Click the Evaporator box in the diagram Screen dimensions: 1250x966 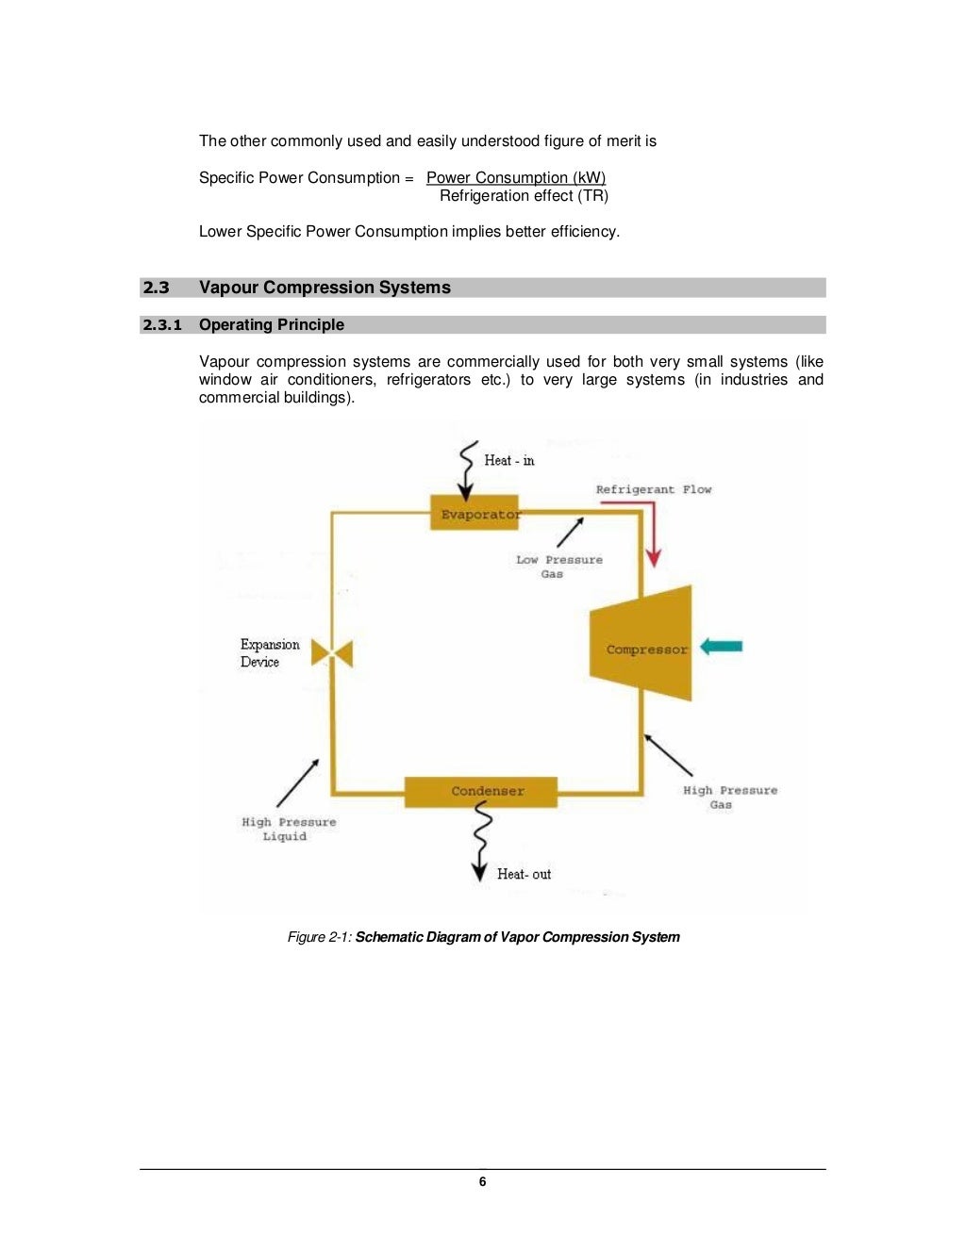point(475,513)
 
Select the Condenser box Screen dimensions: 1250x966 point(481,791)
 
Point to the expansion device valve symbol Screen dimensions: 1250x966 point(332,652)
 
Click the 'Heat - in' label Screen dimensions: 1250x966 point(508,460)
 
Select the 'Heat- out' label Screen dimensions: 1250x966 point(524,874)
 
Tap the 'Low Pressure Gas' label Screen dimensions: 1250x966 point(558,567)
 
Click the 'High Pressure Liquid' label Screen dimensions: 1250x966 point(288,829)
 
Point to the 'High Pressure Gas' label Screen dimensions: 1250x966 point(729,797)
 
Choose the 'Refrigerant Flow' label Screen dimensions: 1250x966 point(654,489)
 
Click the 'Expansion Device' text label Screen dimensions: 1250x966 point(270,652)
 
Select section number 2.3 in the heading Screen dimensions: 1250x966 point(157,288)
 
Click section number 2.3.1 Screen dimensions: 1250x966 point(162,325)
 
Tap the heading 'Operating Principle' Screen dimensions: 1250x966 point(272,325)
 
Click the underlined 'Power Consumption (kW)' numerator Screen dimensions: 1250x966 point(516,177)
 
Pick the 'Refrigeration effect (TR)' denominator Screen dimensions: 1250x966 point(524,196)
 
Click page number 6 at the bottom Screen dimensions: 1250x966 point(483,1181)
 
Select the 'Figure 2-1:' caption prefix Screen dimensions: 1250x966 point(320,937)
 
